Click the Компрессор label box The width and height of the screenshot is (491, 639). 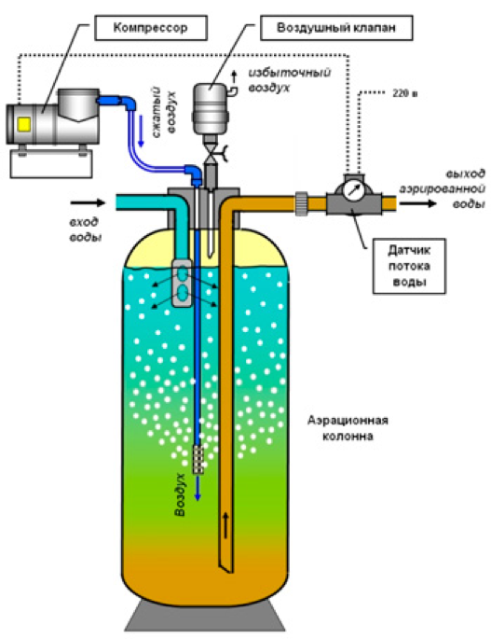click(151, 28)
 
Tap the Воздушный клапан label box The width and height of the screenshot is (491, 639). click(336, 28)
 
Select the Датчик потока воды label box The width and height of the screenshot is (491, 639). click(409, 266)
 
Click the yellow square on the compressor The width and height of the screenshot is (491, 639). click(24, 124)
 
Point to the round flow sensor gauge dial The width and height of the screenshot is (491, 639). click(352, 189)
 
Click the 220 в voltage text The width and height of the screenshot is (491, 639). click(405, 93)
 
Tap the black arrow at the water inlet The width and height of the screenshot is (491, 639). click(88, 202)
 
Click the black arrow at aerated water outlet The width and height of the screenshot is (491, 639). click(417, 202)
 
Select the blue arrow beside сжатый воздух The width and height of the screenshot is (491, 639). click(141, 131)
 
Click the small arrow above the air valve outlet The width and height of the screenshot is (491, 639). click(234, 76)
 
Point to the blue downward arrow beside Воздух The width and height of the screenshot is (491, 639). click(198, 487)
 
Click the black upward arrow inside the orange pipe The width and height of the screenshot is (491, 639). click(225, 526)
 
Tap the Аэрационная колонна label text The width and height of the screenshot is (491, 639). click(348, 428)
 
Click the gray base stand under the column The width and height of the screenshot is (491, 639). click(204, 616)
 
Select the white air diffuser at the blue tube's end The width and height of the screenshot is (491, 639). click(198, 459)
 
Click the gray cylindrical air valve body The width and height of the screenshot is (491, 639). click(210, 108)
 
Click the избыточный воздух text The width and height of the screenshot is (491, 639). click(290, 80)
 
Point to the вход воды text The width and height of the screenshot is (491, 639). click(85, 229)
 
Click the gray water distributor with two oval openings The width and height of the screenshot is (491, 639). click(183, 283)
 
